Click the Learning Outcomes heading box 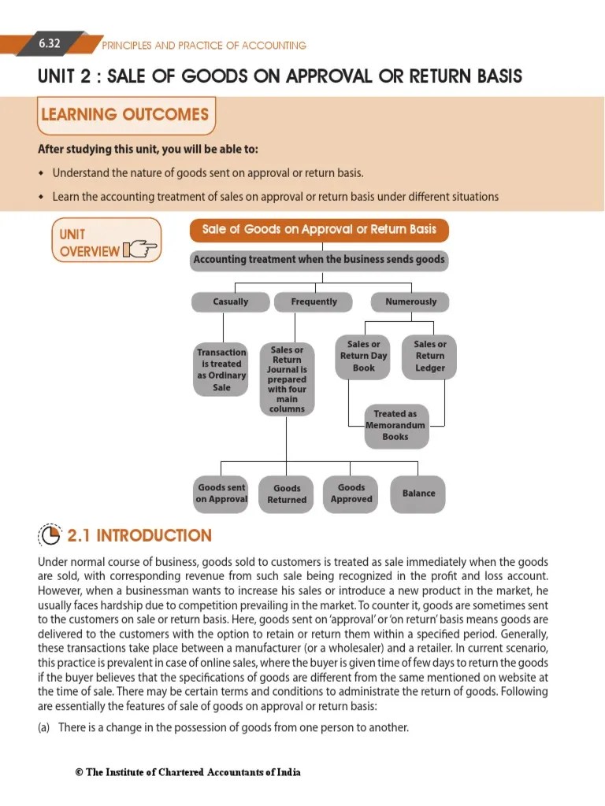(125, 115)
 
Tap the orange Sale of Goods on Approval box (319, 230)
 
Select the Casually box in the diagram (230, 301)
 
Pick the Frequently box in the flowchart (314, 301)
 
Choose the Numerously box (410, 301)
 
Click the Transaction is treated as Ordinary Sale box (221, 370)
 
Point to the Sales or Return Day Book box (364, 357)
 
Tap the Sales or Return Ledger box (429, 357)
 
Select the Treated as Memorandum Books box (395, 425)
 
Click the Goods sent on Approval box (221, 494)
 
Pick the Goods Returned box (287, 494)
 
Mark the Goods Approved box (351, 494)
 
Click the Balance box (418, 494)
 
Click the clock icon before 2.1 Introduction (50, 536)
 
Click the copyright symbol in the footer (79, 772)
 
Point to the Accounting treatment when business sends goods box (319, 260)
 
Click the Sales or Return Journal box (287, 379)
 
